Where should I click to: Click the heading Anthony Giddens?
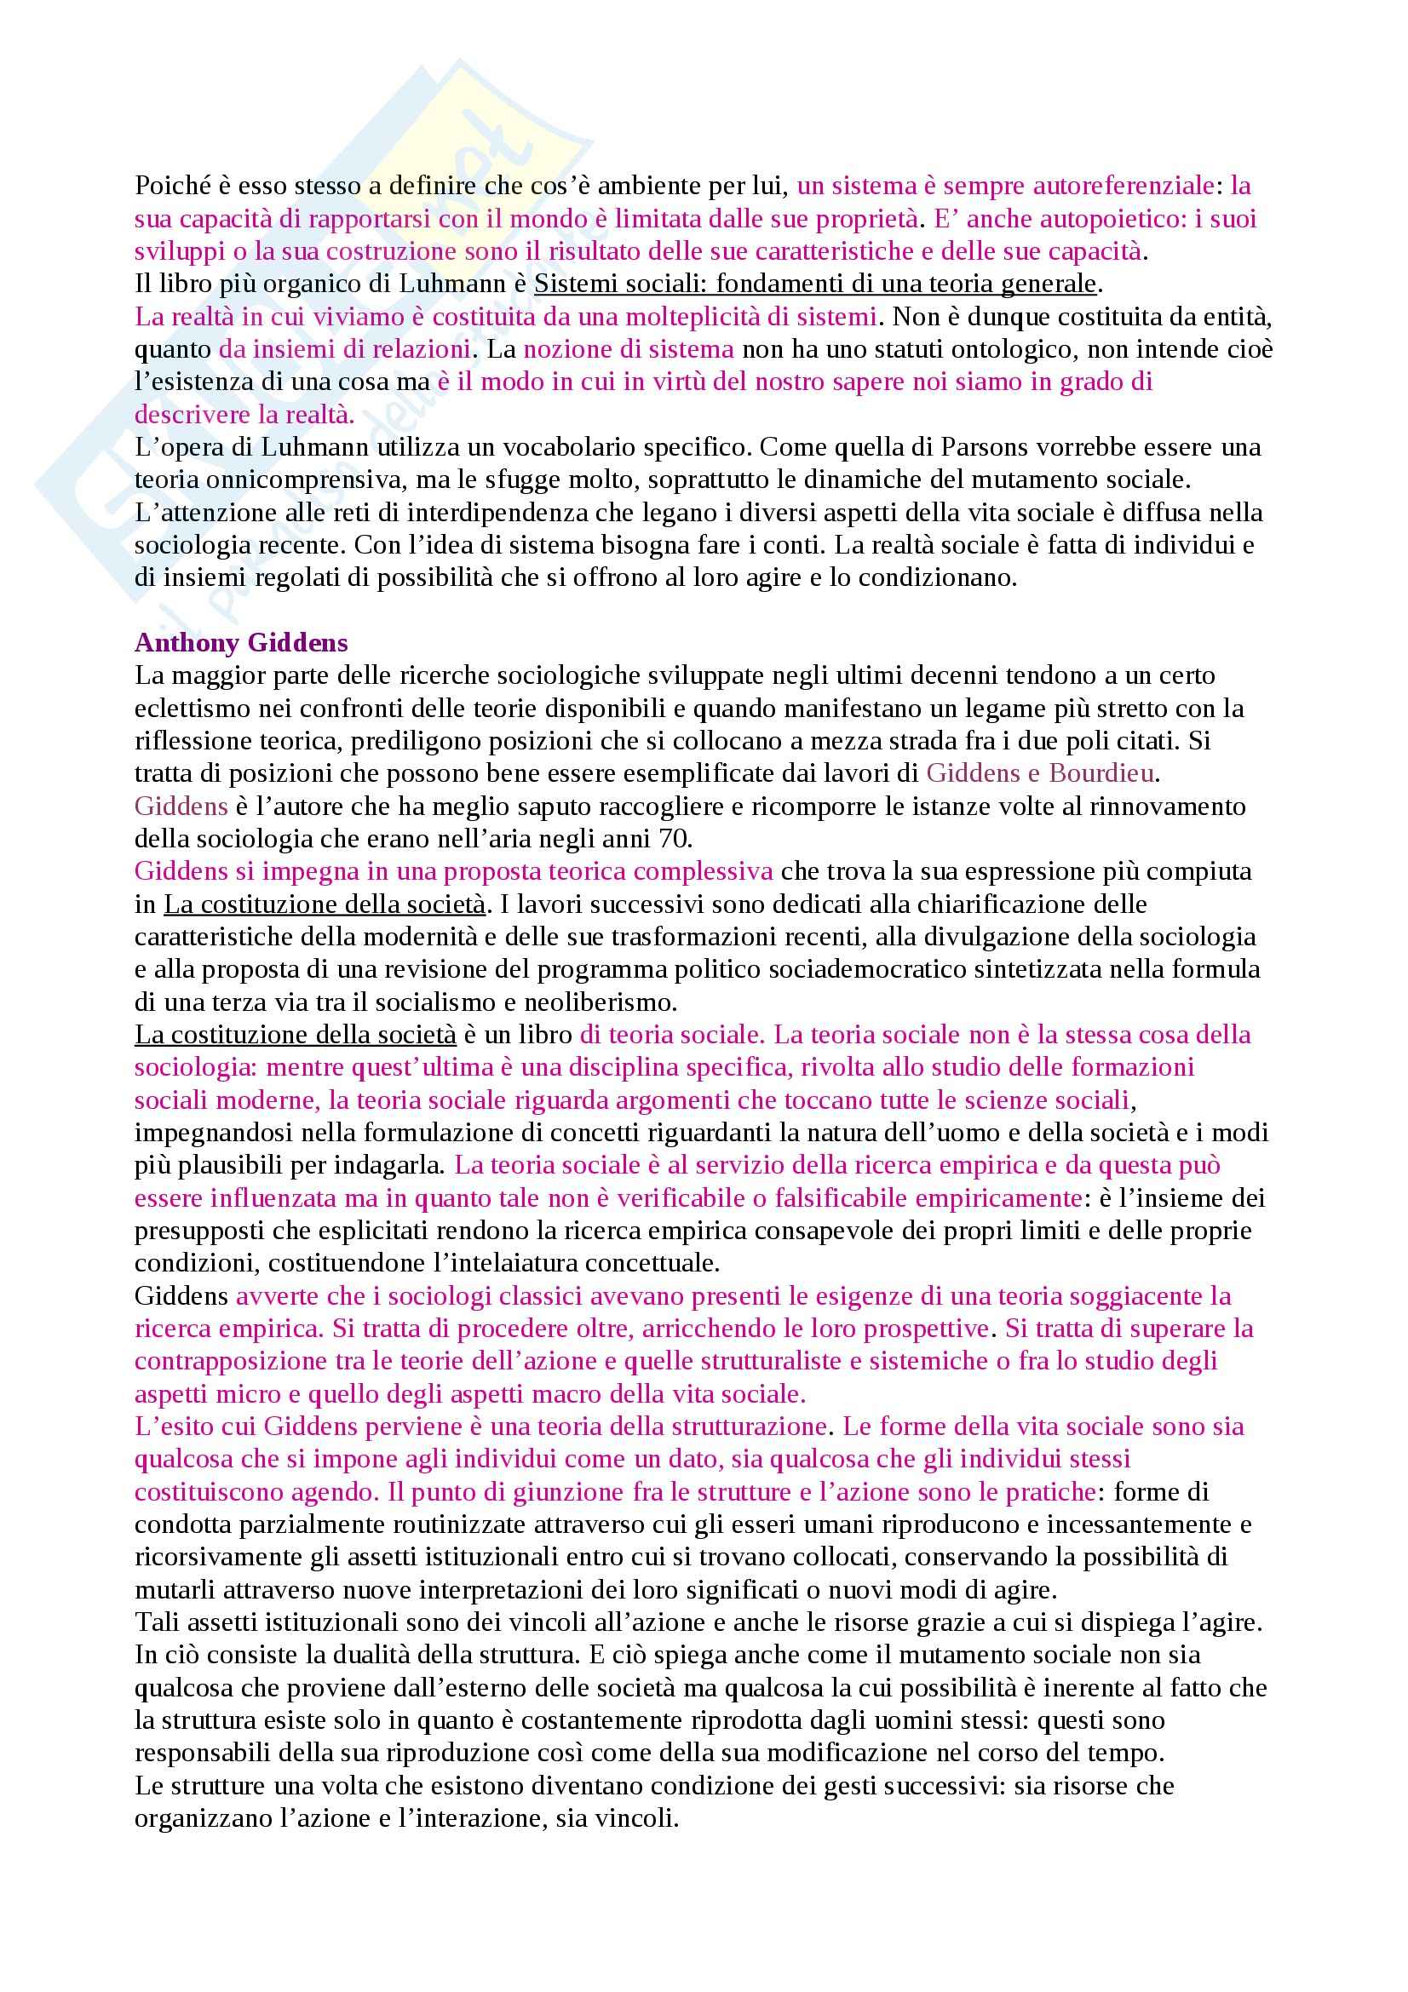[241, 643]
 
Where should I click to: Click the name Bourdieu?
[1102, 774]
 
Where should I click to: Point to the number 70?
[673, 839]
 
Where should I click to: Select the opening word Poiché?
[174, 186]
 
